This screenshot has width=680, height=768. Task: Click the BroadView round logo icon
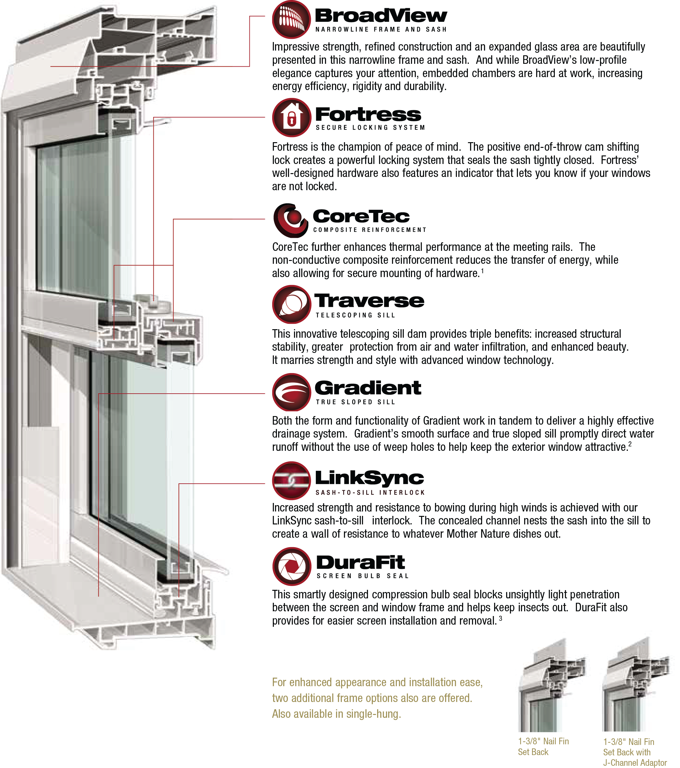click(x=291, y=20)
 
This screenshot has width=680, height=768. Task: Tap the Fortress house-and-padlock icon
click(x=291, y=118)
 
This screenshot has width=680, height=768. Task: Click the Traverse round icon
click(x=291, y=304)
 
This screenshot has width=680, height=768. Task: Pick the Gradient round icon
click(x=291, y=392)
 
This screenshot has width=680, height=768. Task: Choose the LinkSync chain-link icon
click(x=291, y=481)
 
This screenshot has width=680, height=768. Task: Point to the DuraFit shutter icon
click(x=292, y=566)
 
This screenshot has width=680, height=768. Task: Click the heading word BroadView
click(x=381, y=16)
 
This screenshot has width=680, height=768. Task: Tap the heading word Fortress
click(x=368, y=114)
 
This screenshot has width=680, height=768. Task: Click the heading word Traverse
click(x=369, y=300)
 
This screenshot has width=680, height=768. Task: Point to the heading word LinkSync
click(x=370, y=478)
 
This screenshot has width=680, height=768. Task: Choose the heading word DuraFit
click(x=360, y=562)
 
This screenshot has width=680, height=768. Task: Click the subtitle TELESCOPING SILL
click(x=355, y=315)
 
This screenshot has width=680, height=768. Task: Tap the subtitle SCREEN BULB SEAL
click(x=362, y=576)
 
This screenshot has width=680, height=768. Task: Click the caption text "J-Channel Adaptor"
click(x=635, y=763)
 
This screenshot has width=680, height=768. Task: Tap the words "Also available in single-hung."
click(x=336, y=714)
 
